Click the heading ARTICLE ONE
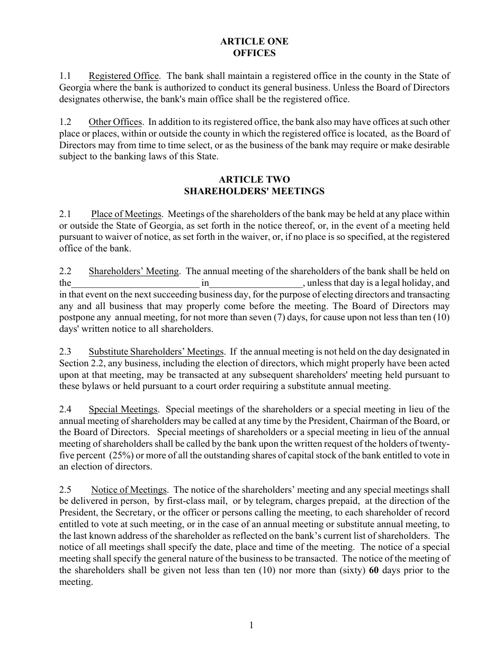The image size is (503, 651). click(254, 41)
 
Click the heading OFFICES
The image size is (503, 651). click(254, 53)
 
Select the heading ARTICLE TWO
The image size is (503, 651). click(254, 179)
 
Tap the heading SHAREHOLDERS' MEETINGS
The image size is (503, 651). click(254, 191)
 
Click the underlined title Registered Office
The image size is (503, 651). click(123, 76)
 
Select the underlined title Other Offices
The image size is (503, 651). click(115, 122)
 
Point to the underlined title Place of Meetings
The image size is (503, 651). click(126, 214)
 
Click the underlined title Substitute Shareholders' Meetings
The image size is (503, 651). click(156, 351)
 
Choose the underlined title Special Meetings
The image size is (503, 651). click(123, 409)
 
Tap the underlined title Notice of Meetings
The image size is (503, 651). click(129, 490)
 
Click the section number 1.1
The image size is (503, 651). click(65, 76)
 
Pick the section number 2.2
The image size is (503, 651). click(65, 271)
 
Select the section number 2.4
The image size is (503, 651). click(65, 409)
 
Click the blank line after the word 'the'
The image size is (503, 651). click(135, 283)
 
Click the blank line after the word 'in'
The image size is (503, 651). click(256, 283)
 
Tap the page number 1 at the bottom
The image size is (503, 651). click(251, 626)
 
